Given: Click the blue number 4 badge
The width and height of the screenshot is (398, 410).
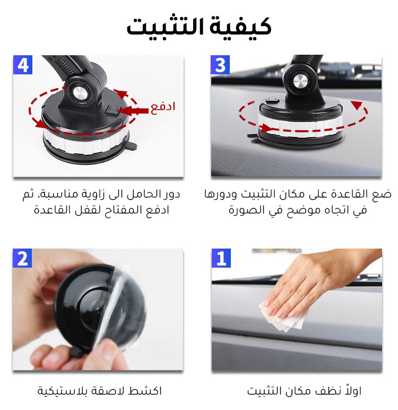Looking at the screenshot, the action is [23, 65].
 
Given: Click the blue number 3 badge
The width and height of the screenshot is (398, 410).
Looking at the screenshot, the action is [220, 65].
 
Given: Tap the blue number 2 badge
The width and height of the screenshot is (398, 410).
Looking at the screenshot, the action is [22, 258].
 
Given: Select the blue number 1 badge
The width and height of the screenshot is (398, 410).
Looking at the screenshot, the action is [221, 258].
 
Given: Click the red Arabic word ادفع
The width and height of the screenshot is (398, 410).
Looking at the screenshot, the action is [162, 107].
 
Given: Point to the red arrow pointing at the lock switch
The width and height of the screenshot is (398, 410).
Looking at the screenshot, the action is [133, 111].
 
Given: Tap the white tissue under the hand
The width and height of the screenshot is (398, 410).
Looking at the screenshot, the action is [282, 317].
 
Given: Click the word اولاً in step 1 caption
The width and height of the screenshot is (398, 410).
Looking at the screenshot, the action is [353, 390].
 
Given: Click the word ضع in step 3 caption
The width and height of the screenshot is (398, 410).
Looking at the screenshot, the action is [384, 194].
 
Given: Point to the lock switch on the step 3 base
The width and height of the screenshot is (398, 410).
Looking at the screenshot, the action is [273, 100].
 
